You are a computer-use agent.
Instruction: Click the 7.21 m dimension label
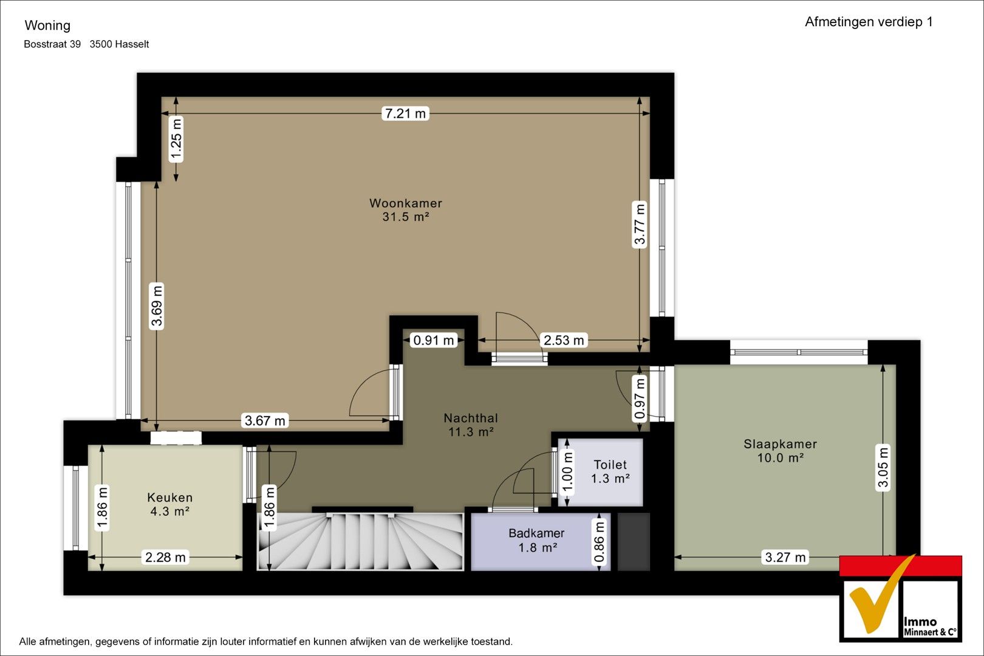pos(405,114)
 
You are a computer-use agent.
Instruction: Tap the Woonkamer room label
pos(406,203)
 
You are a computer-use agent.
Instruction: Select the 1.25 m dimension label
pos(176,139)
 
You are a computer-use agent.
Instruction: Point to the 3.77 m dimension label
pos(640,225)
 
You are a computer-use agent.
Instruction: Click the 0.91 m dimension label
pos(434,340)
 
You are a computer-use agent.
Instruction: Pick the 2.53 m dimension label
pos(564,340)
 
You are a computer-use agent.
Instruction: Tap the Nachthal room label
pos(471,418)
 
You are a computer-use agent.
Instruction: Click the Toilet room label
pos(610,465)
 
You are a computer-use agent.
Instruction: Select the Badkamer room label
pos(536,533)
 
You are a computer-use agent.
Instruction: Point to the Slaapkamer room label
pos(780,444)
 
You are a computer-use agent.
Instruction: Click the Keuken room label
pos(170,497)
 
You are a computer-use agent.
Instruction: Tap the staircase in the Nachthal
pos(360,541)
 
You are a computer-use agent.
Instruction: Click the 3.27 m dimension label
pos(785,557)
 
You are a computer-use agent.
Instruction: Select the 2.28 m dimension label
pos(165,557)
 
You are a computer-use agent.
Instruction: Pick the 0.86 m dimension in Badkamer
pos(599,541)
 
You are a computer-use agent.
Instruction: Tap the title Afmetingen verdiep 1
pos(869,22)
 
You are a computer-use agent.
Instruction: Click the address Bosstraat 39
pos(52,44)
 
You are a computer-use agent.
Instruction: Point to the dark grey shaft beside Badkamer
pos(634,542)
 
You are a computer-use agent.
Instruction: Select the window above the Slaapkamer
pos(799,352)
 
